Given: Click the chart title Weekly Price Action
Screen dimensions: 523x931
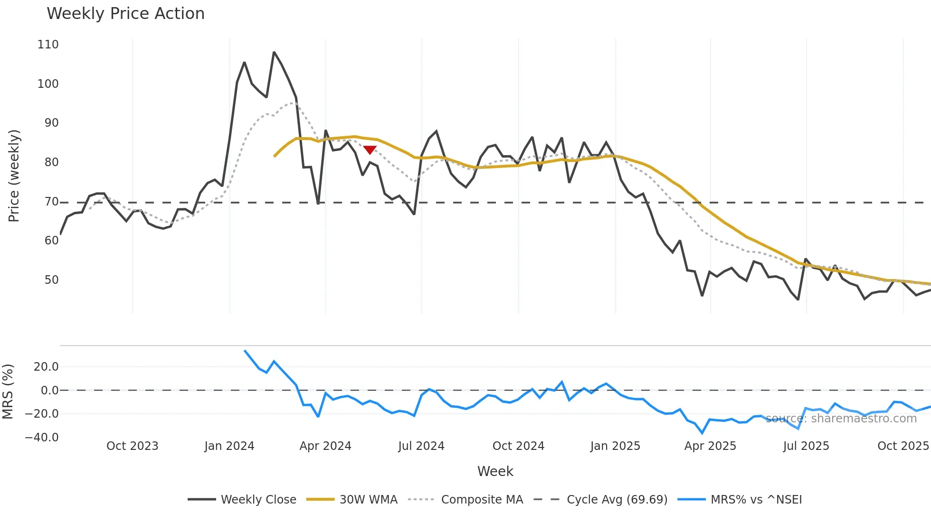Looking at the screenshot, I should (125, 14).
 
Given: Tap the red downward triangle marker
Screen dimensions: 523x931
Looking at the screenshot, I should (370, 150).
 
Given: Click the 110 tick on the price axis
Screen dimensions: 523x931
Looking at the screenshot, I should (48, 45).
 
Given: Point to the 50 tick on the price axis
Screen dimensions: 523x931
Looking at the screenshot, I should (51, 280).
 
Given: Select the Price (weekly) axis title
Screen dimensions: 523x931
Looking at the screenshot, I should (14, 176).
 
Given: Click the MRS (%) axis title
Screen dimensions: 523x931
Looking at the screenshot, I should (8, 392).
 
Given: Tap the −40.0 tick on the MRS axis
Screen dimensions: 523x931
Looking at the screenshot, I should (42, 437).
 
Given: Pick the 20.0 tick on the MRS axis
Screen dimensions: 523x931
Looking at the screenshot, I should (46, 367).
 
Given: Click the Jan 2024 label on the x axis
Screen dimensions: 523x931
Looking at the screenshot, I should (229, 446).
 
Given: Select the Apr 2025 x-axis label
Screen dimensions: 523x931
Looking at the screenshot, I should (710, 446).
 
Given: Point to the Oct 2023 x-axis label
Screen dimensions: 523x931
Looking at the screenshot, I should (133, 446).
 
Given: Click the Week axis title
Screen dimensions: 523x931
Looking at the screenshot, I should (495, 471).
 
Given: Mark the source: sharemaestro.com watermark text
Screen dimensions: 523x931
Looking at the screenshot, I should (841, 419).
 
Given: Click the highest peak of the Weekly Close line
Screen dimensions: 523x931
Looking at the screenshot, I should (274, 52).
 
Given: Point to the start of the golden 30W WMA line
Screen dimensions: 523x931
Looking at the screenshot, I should (275, 156).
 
